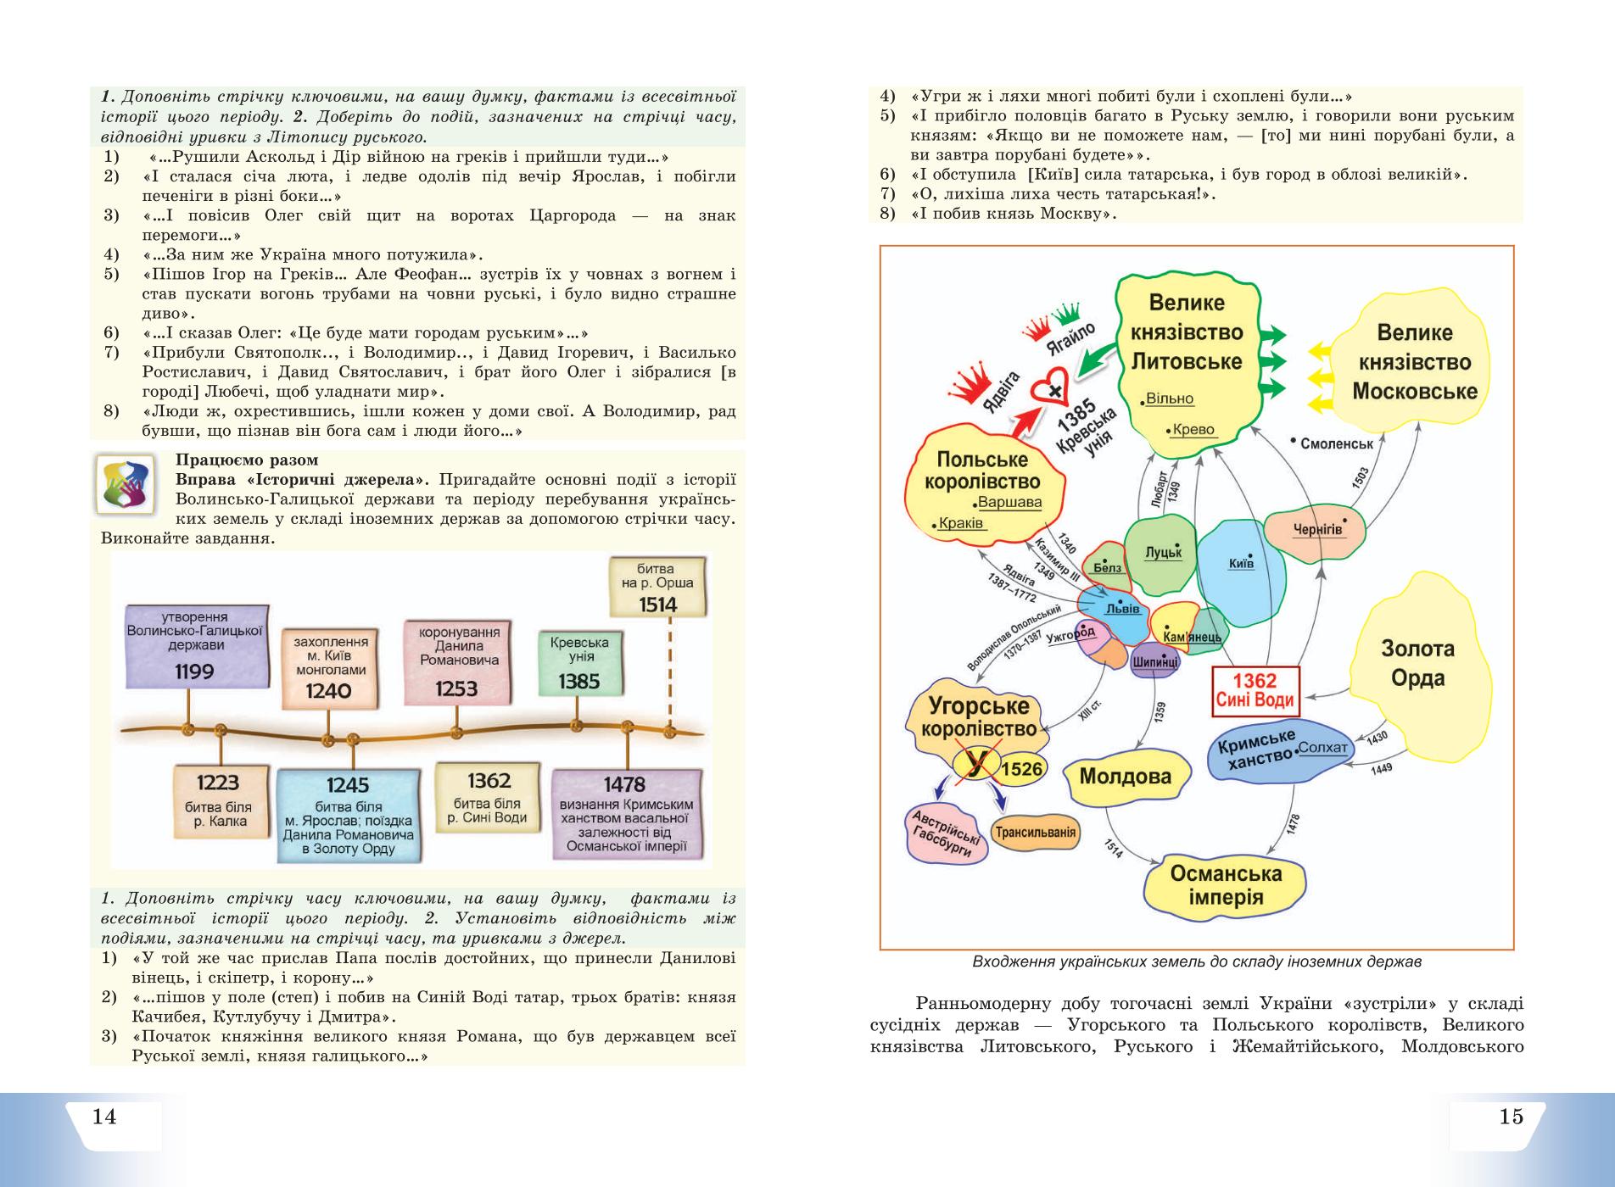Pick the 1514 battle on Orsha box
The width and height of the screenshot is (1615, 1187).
point(657,587)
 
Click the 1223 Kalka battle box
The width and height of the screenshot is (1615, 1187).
point(221,801)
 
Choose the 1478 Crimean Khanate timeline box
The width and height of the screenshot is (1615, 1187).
point(627,815)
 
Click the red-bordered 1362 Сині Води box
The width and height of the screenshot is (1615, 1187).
point(1255,689)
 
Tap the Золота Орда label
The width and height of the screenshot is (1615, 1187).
point(1418,663)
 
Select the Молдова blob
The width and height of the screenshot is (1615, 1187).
point(1126,776)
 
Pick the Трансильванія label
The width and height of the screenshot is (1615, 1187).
point(1036,833)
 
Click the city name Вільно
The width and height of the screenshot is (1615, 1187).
point(1171,398)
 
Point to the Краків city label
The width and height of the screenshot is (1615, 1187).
point(961,523)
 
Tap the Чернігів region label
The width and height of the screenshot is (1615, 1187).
point(1318,530)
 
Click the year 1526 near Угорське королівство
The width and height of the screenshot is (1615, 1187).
point(1021,769)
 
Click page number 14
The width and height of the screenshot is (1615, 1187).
point(104,1116)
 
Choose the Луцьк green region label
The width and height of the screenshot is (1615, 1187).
point(1163,552)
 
